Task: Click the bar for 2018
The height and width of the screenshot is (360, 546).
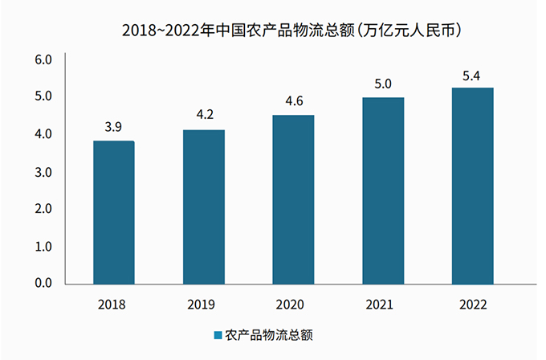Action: point(113,212)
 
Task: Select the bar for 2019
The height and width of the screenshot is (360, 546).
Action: point(203,207)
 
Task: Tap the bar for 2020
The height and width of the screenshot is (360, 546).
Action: point(293,199)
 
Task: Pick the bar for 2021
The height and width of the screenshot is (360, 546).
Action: point(383,190)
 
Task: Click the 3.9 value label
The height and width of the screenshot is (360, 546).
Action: point(113,127)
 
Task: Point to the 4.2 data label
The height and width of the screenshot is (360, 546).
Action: point(204,115)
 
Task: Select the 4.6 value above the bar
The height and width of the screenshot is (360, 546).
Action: point(293,101)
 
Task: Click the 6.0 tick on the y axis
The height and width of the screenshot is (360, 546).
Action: point(43,59)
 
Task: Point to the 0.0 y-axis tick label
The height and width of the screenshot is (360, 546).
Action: point(43,283)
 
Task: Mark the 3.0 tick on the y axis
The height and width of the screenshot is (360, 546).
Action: point(43,171)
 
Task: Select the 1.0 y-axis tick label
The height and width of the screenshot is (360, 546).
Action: point(43,246)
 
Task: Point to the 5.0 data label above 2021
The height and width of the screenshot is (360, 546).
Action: point(383,84)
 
